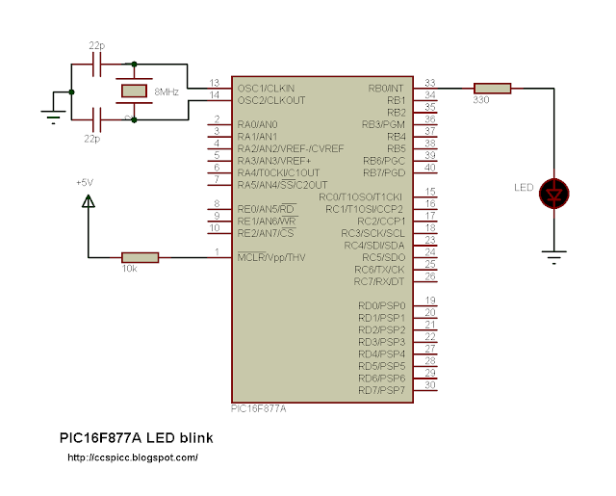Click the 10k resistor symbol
coord(140,256)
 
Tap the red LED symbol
coord(553,193)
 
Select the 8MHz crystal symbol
coord(132,91)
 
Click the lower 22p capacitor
coord(94,118)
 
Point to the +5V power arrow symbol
coord(88,202)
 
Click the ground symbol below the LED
coord(553,257)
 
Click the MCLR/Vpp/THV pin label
coord(271,257)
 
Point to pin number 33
coord(429,83)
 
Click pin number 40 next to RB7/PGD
coord(429,168)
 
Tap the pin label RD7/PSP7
coord(382,390)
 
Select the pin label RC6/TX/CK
coord(380,270)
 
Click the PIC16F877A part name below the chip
coord(259,408)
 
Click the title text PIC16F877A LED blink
coord(136,437)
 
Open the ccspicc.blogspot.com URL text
coord(133,457)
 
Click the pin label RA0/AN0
coord(257,125)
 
